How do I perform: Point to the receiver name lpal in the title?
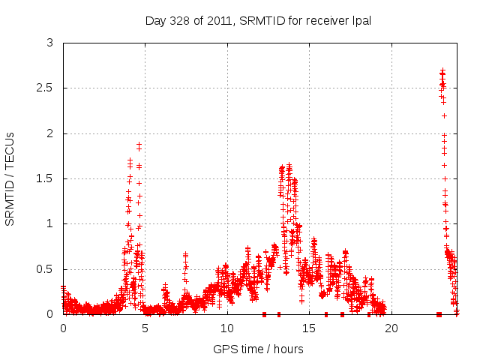pos(360,20)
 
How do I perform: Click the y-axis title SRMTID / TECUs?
pos(10,178)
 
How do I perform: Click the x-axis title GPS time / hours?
pos(258,349)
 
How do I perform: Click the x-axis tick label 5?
pos(145,328)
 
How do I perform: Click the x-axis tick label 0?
pos(63,328)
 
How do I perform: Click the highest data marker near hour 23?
pos(442,70)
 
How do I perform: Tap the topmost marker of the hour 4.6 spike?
pos(139,143)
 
